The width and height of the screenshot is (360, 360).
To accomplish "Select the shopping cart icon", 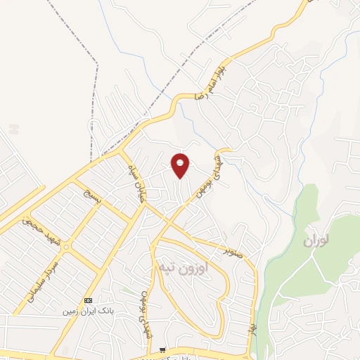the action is pyautogui.click(x=163, y=349).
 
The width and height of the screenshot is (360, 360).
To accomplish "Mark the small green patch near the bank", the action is pyautogui.click(x=127, y=289).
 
